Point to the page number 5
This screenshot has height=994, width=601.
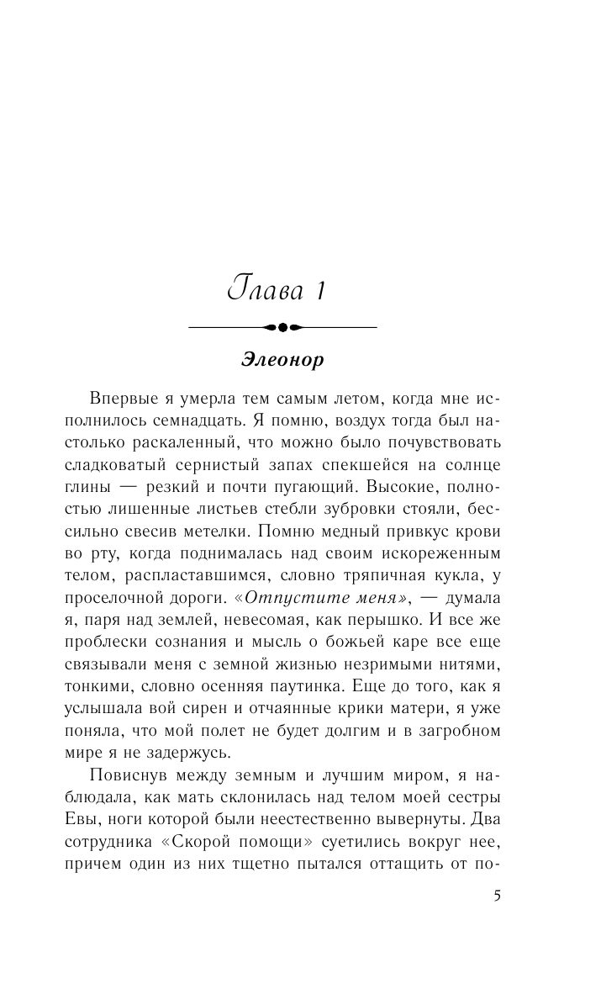pyautogui.click(x=498, y=895)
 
